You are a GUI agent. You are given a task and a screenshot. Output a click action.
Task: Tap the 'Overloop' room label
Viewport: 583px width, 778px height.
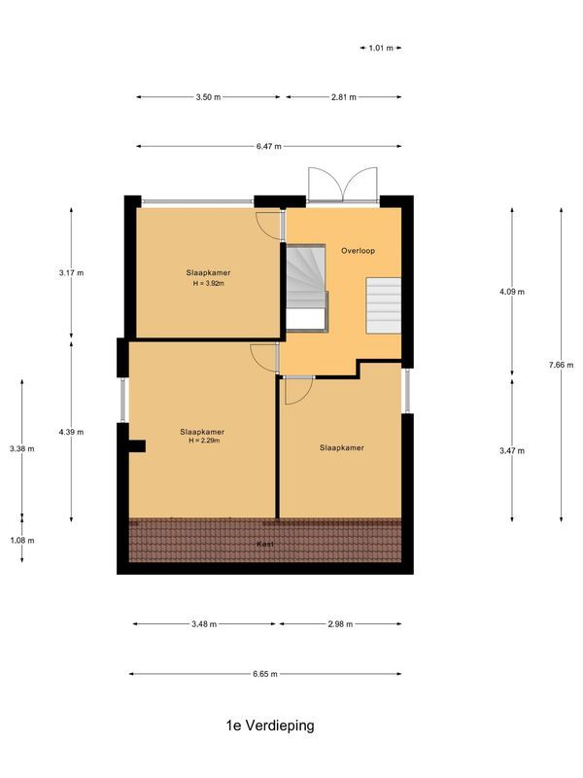pos(358,250)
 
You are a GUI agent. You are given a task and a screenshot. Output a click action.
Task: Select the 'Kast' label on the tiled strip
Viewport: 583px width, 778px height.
pos(263,545)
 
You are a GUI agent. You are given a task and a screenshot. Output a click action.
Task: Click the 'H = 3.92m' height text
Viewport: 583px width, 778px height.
pos(209,284)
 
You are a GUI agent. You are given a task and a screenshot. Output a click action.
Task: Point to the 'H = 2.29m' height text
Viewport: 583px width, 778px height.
pos(204,441)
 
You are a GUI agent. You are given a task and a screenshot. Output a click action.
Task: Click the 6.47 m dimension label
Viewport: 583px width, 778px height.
pos(269,147)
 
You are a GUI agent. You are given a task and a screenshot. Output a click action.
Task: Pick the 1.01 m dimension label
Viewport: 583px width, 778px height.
pos(381,47)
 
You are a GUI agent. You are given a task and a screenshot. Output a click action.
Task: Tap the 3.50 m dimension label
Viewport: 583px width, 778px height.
pos(208,97)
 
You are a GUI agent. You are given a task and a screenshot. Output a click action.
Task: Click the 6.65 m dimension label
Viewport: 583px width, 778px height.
pos(265,674)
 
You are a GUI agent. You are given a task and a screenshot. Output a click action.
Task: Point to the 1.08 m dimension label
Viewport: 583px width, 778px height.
pos(21,541)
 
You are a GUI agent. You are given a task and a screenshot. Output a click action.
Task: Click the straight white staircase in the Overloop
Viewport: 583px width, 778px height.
pos(383,304)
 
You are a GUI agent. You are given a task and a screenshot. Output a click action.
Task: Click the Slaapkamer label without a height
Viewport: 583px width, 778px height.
pos(342,448)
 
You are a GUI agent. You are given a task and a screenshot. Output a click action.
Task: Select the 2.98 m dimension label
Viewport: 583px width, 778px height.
pos(340,624)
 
